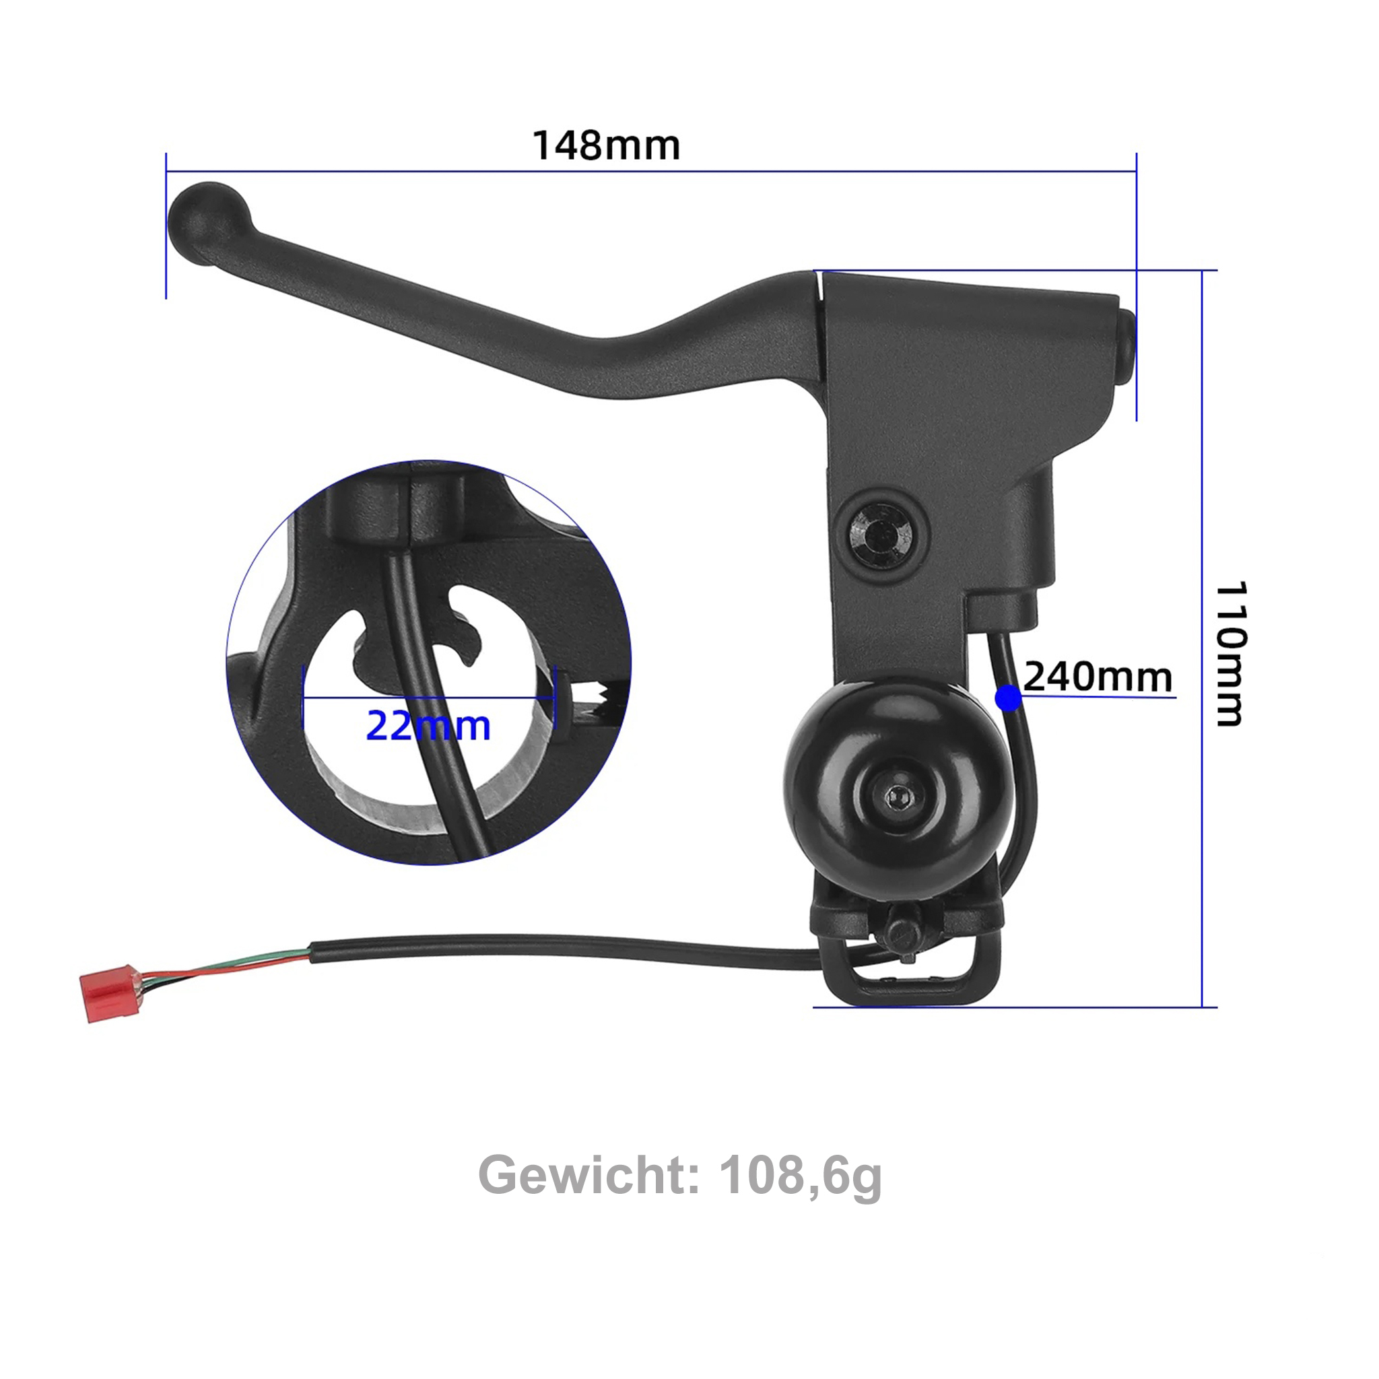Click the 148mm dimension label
pyautogui.click(x=606, y=145)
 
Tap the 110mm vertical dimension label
pyautogui.click(x=1232, y=653)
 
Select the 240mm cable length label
pyautogui.click(x=1098, y=677)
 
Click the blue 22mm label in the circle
pyautogui.click(x=428, y=727)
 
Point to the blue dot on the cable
pyautogui.click(x=1009, y=698)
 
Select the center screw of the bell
pyautogui.click(x=895, y=795)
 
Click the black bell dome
pyautogui.click(x=842, y=757)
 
